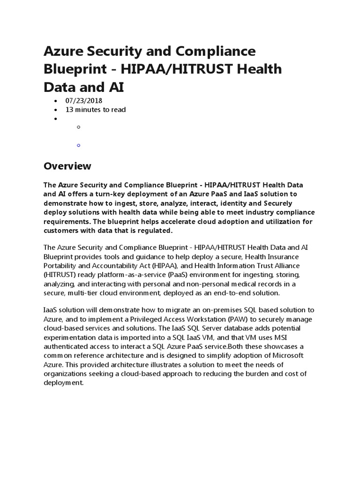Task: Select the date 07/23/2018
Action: click(x=84, y=101)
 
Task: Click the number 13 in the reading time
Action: click(x=69, y=110)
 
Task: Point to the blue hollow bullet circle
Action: click(x=78, y=145)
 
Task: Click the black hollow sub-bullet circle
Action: click(x=78, y=127)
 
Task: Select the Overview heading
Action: click(x=67, y=166)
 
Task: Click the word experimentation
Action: click(x=72, y=337)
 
